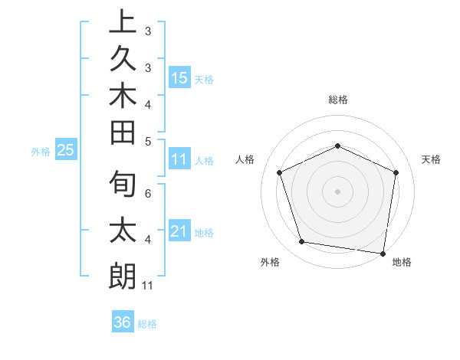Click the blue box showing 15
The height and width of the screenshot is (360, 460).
tap(179, 77)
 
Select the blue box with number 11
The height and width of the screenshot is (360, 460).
tap(179, 160)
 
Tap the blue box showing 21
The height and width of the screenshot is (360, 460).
tap(179, 231)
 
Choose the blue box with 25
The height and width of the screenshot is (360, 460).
tap(66, 151)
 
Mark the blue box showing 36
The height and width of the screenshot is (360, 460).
tap(123, 322)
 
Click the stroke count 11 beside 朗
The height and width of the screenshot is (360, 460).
tap(148, 286)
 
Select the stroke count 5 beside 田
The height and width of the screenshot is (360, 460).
tap(148, 141)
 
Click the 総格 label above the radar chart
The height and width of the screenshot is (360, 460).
tap(337, 100)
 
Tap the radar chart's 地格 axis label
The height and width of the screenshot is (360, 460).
tap(402, 262)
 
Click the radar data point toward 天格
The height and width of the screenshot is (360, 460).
tap(396, 172)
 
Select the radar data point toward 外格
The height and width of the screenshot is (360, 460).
tap(302, 242)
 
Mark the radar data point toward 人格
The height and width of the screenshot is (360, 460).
tap(280, 173)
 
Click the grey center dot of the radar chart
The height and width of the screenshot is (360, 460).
tap(337, 191)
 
